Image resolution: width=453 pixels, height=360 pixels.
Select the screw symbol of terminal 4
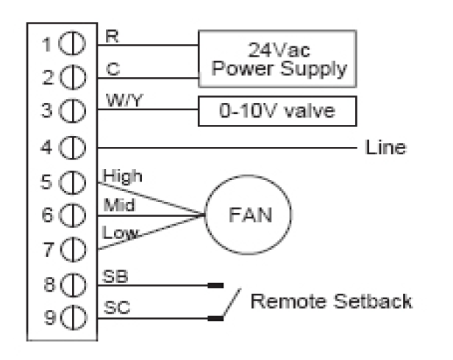(77, 148)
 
